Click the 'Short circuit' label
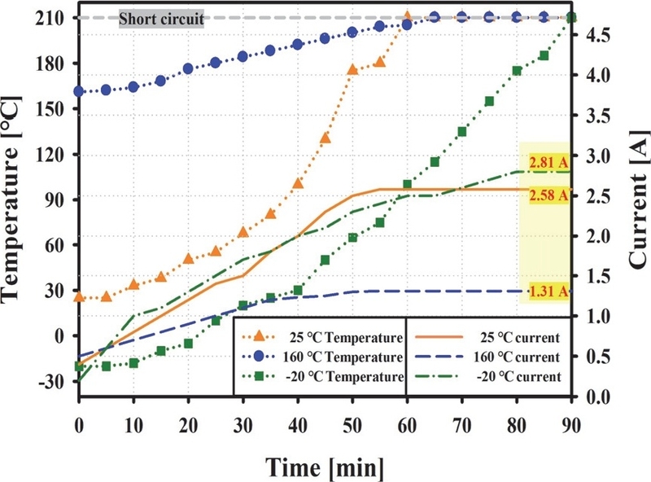(161, 17)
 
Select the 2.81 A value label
(544, 161)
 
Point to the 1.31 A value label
(544, 291)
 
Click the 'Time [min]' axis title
(323, 465)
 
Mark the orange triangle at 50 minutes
(352, 69)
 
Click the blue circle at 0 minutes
(79, 91)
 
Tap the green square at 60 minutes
(407, 185)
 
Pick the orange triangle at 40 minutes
(298, 183)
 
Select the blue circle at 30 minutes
(242, 56)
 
